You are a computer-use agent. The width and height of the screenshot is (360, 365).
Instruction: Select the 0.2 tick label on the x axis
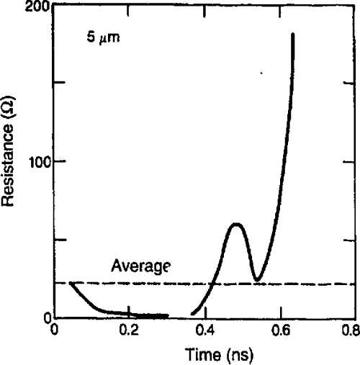(130, 331)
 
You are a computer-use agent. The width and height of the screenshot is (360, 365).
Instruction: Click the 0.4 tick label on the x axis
(204, 331)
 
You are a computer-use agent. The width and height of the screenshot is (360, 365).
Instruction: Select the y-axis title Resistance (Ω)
(10, 164)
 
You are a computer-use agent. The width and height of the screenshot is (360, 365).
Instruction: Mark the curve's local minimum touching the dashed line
(256, 279)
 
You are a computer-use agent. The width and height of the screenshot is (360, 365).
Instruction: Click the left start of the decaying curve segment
(71, 284)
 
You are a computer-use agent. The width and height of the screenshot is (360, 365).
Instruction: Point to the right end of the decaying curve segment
(167, 315)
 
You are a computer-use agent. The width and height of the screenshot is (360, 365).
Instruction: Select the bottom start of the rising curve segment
(192, 314)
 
